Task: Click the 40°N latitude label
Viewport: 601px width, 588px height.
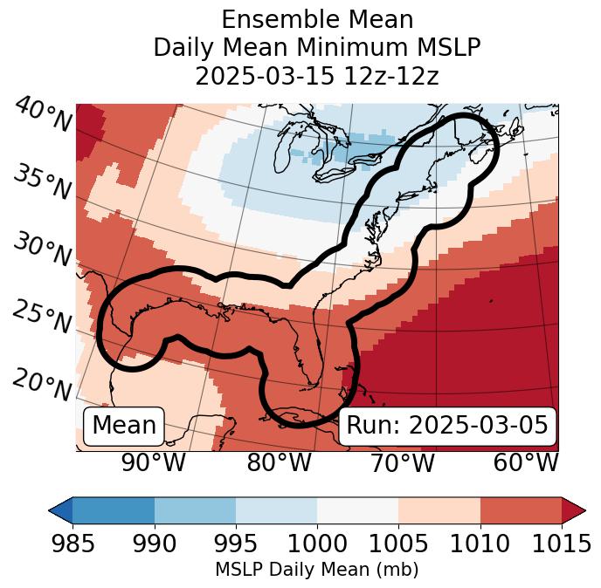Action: (43, 115)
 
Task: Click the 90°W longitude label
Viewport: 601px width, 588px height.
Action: (154, 463)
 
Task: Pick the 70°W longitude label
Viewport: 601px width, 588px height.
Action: (402, 463)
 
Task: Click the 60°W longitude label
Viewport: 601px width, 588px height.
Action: (526, 463)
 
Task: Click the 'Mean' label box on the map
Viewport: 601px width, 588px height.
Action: (124, 426)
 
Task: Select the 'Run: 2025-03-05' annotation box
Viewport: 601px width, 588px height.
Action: (447, 426)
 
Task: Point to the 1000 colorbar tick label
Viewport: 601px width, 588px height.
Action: (317, 544)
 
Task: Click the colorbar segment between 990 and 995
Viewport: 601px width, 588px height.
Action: (195, 509)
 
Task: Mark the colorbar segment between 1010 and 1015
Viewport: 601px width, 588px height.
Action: (521, 509)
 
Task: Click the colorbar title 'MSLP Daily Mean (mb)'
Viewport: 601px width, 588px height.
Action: (317, 570)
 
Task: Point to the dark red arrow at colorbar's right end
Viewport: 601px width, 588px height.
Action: (573, 509)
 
